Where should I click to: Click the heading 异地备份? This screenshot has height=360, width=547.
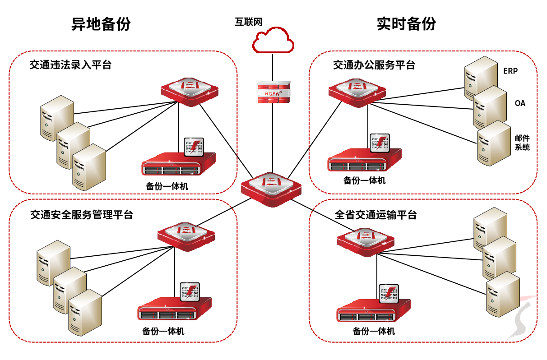101,23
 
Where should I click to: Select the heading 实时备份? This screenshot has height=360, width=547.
406,23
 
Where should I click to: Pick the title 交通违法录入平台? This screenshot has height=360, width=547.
70,65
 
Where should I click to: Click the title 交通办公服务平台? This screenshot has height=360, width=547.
374,65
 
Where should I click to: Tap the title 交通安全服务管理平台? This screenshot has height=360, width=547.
81,215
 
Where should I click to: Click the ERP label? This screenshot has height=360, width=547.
510,71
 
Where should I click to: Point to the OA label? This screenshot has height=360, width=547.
520,103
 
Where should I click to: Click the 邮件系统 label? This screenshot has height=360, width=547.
522,143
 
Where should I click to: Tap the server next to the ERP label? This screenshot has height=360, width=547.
480,77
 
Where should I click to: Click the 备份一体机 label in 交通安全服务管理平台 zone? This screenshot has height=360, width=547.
163,332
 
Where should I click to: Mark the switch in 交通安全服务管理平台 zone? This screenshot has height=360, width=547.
186,235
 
